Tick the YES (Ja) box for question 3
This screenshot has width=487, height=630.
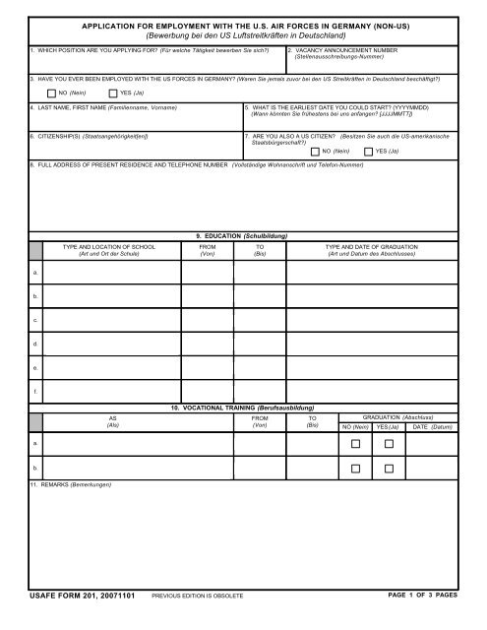[111, 91]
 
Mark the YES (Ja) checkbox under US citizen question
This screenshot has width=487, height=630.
[368, 151]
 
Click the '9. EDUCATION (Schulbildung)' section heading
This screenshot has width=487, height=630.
[243, 235]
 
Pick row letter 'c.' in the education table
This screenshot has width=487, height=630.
[36, 319]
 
